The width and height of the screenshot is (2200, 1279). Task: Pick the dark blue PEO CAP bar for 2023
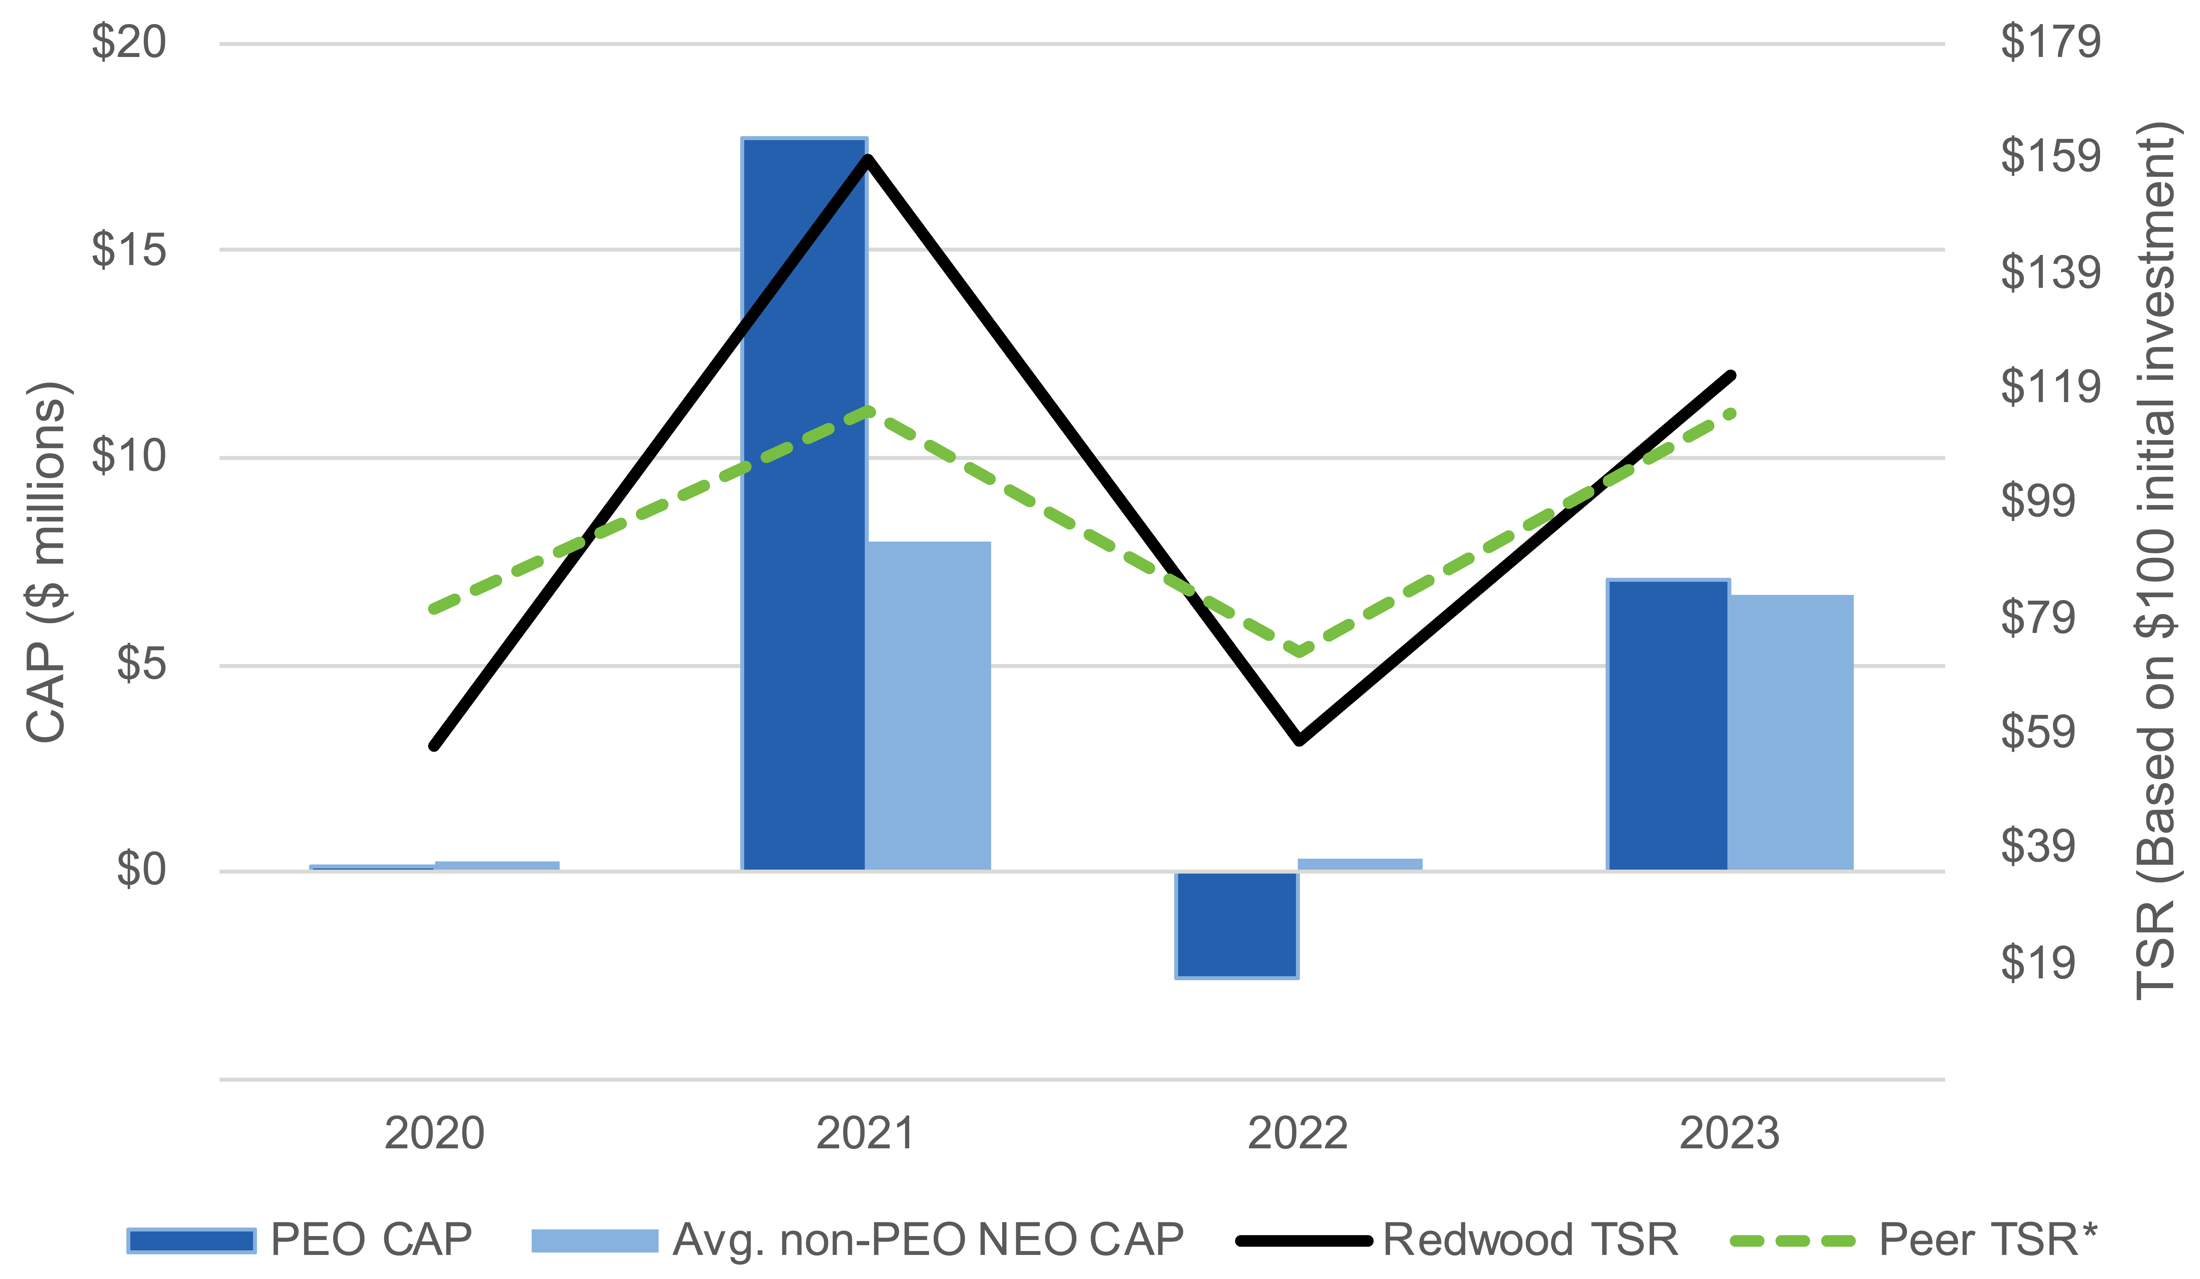[1667, 725]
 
